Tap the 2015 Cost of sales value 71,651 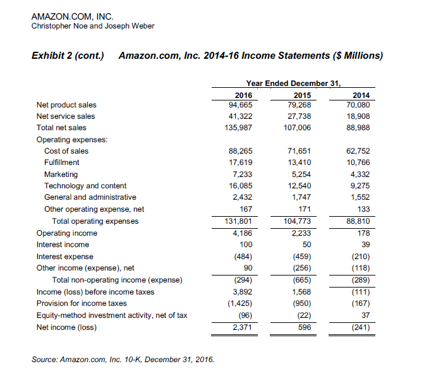(297, 151)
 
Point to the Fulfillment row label (61, 162)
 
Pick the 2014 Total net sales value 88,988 (358, 128)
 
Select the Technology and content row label (85, 186)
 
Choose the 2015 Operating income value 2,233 (299, 233)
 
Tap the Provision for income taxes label (82, 303)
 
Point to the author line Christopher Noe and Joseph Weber (92, 25)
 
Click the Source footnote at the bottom (123, 360)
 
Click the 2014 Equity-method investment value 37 (365, 315)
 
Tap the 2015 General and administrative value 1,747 (299, 197)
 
